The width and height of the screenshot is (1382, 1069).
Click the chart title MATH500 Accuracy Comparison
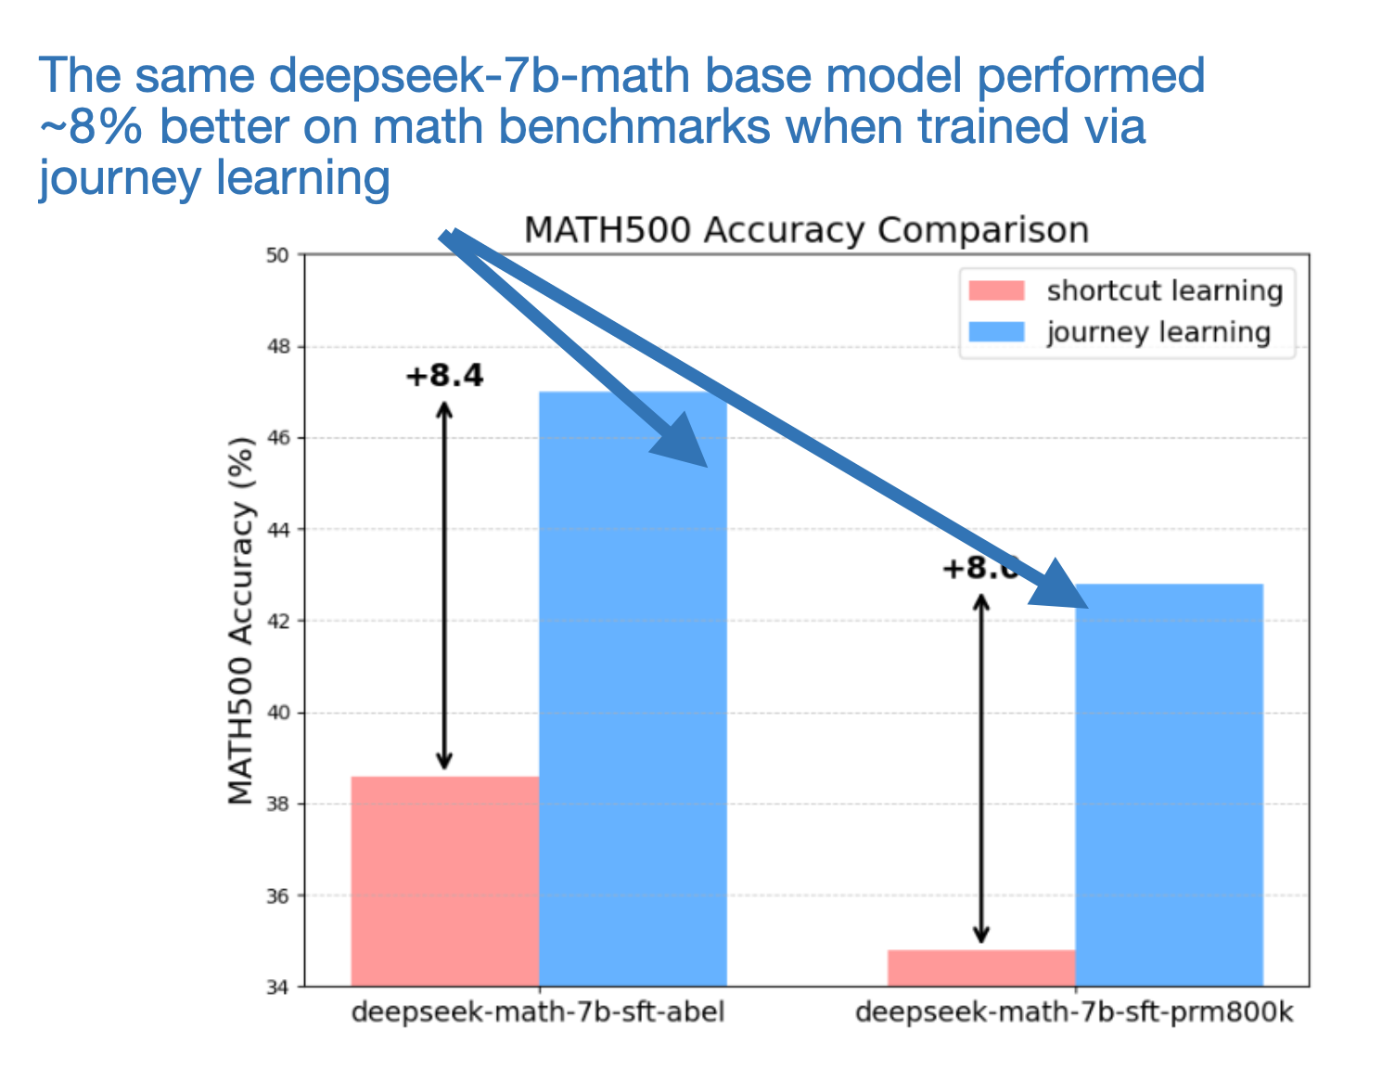[805, 230]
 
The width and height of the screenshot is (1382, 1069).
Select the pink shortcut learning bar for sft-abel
[444, 881]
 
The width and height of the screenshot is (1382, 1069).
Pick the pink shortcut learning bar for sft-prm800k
[980, 968]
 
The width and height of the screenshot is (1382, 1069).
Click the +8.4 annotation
[444, 376]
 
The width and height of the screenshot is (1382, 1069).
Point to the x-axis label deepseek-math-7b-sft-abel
[537, 1011]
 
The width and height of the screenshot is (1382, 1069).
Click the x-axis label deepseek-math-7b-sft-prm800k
[1073, 1011]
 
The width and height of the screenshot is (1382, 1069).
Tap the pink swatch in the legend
[996, 290]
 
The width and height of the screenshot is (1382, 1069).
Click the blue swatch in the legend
[996, 332]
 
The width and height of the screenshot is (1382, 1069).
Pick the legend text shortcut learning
[1164, 290]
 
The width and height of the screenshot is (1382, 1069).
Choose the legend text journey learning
[1158, 332]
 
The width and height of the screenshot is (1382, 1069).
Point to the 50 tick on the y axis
[278, 255]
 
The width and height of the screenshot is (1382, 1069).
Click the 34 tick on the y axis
[278, 987]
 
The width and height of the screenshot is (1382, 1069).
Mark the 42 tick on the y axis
[278, 621]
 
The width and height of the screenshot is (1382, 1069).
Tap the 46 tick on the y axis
[278, 438]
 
